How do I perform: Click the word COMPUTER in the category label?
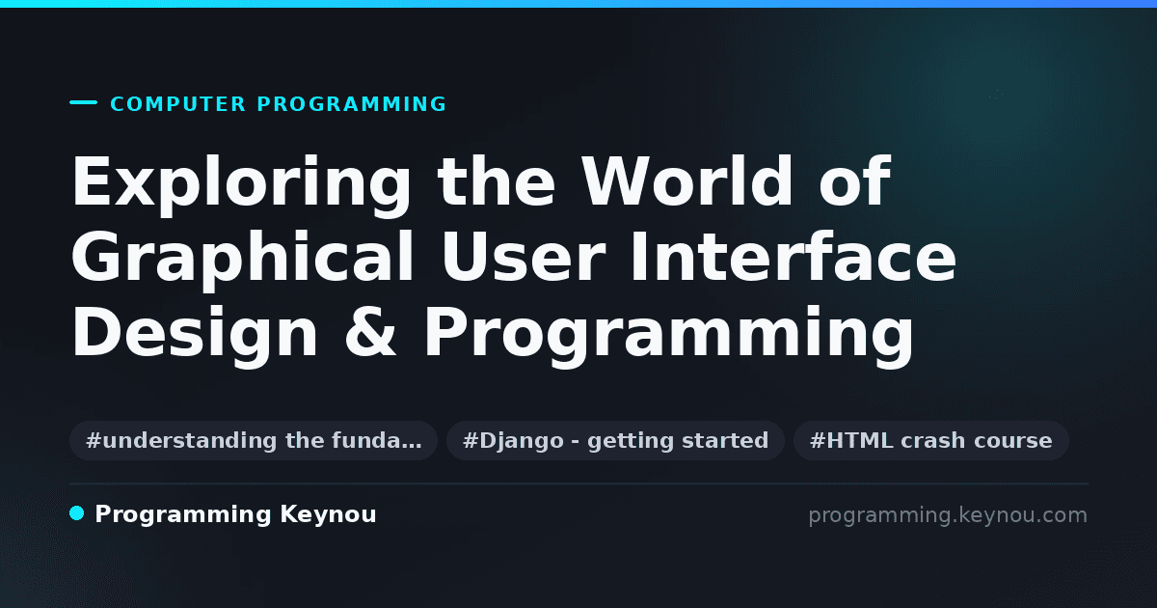178,104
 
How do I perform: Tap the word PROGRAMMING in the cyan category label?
351,104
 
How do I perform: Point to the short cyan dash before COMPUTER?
83,102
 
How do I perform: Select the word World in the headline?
686,181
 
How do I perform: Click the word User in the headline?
523,257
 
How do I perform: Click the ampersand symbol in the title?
371,332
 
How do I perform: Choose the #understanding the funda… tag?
254,440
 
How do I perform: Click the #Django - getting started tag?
616,440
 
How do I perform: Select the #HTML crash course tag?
930,440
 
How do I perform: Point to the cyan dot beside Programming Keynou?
77,513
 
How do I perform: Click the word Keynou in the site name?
328,515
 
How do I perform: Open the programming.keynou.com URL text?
948,515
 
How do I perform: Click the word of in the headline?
855,181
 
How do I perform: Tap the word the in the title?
497,181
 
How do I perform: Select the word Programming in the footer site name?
183,515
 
